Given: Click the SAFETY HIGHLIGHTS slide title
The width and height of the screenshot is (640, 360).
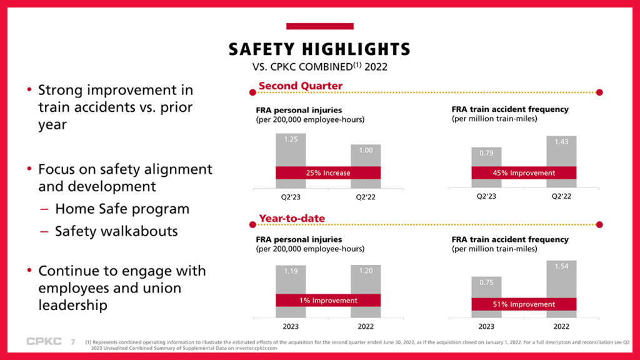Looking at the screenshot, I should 319,49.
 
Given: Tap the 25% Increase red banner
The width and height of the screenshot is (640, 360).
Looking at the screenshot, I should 328,172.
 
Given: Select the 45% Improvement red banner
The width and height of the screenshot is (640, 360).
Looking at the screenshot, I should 524,172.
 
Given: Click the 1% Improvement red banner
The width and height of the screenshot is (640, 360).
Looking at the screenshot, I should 328,300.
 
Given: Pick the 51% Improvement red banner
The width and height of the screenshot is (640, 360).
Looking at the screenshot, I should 524,304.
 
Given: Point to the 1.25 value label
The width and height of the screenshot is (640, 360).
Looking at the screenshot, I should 291,139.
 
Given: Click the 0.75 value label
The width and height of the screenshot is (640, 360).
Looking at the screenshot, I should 486,282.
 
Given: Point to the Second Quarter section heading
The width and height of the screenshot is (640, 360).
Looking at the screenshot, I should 301,86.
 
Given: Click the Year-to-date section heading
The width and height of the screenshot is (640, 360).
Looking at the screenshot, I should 292,218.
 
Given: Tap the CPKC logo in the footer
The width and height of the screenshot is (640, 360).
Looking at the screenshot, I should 44,341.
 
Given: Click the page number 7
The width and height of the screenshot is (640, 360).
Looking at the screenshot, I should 72,342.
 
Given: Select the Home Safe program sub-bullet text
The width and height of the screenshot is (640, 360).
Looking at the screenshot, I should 122,209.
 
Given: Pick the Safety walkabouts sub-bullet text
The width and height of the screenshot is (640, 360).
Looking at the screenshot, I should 116,231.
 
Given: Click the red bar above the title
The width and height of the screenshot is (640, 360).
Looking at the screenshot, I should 319,26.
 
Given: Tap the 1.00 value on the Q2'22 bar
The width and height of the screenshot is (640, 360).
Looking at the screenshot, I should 366,151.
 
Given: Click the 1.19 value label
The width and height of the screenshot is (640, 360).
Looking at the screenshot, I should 291,271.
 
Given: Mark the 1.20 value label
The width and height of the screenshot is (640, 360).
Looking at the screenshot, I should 366,271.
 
